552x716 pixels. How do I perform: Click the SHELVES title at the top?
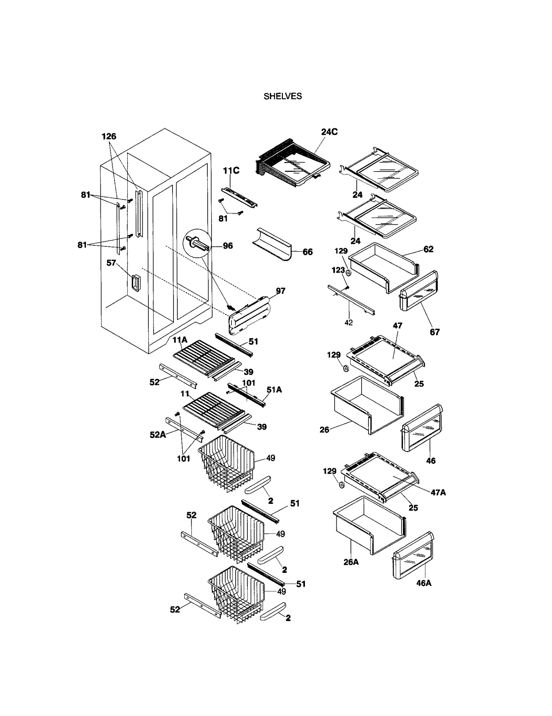[283, 96]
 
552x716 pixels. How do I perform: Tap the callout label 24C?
[329, 132]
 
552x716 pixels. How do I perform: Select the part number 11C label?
[231, 171]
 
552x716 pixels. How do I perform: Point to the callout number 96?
[228, 246]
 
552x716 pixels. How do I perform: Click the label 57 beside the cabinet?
[111, 263]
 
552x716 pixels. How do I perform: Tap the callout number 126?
[109, 137]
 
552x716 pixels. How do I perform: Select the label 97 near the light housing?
[280, 291]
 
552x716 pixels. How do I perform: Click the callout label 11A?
[180, 340]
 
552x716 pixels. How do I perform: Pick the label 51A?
[274, 390]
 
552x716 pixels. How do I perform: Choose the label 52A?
[158, 435]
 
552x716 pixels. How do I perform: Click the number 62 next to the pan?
[428, 249]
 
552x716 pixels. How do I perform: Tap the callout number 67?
[434, 332]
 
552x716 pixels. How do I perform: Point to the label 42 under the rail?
[348, 323]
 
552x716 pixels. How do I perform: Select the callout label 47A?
[438, 493]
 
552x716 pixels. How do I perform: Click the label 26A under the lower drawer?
[351, 562]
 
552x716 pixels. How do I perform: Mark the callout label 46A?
[424, 583]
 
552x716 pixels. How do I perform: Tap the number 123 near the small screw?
[338, 270]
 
